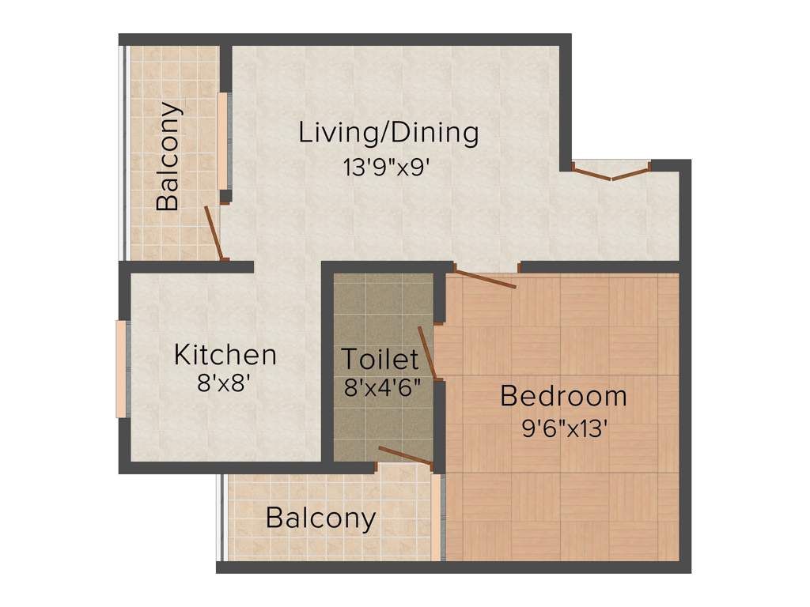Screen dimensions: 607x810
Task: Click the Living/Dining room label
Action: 388,133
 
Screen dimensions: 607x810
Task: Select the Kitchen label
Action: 225,355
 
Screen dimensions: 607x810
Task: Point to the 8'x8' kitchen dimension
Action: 225,384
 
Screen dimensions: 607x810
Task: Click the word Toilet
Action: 380,360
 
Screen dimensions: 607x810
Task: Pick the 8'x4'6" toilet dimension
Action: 381,388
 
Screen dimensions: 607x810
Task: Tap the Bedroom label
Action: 563,396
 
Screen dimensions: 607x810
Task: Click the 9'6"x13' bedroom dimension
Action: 564,428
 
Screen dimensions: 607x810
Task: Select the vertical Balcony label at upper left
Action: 168,156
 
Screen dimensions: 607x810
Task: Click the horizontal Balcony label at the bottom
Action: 320,518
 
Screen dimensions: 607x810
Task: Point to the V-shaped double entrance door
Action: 611,172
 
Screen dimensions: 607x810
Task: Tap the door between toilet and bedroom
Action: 427,353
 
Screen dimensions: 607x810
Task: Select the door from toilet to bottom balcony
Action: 406,454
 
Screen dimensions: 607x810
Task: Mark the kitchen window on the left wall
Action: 121,368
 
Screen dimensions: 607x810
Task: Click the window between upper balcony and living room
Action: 223,141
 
